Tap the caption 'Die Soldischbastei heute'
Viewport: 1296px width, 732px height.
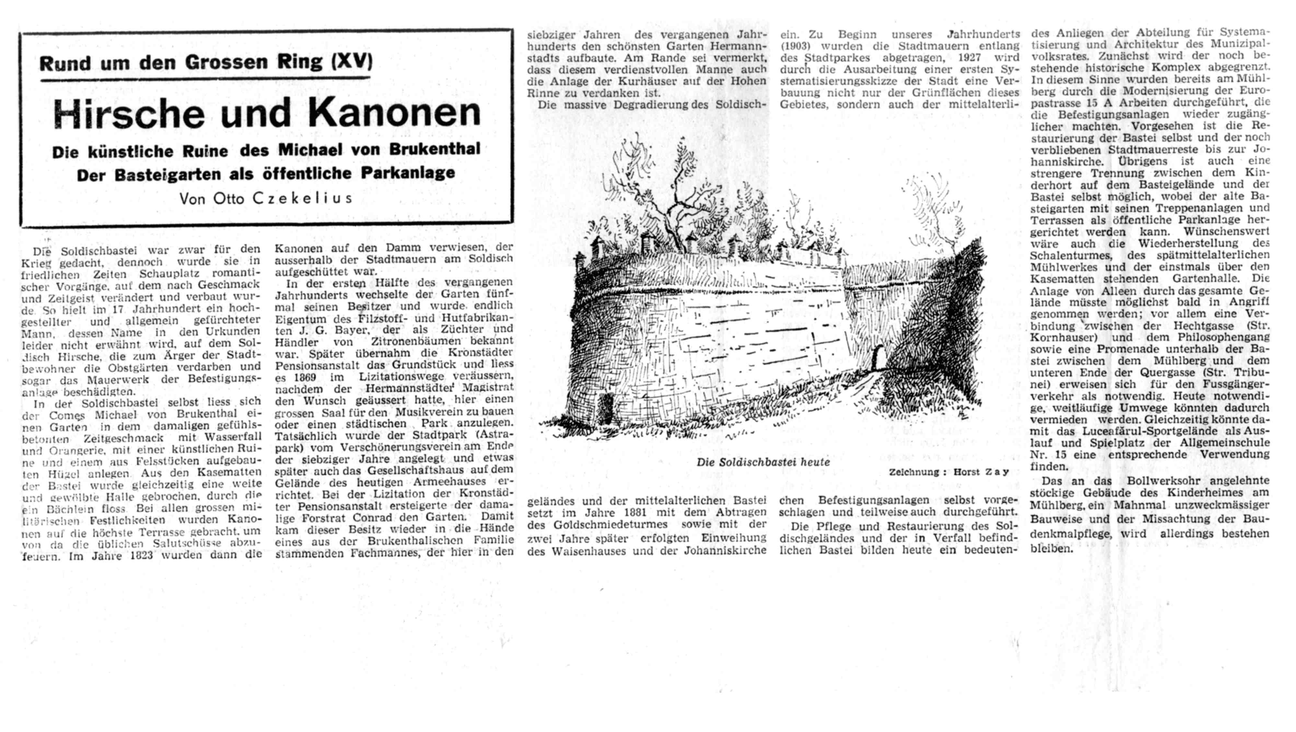click(763, 462)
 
